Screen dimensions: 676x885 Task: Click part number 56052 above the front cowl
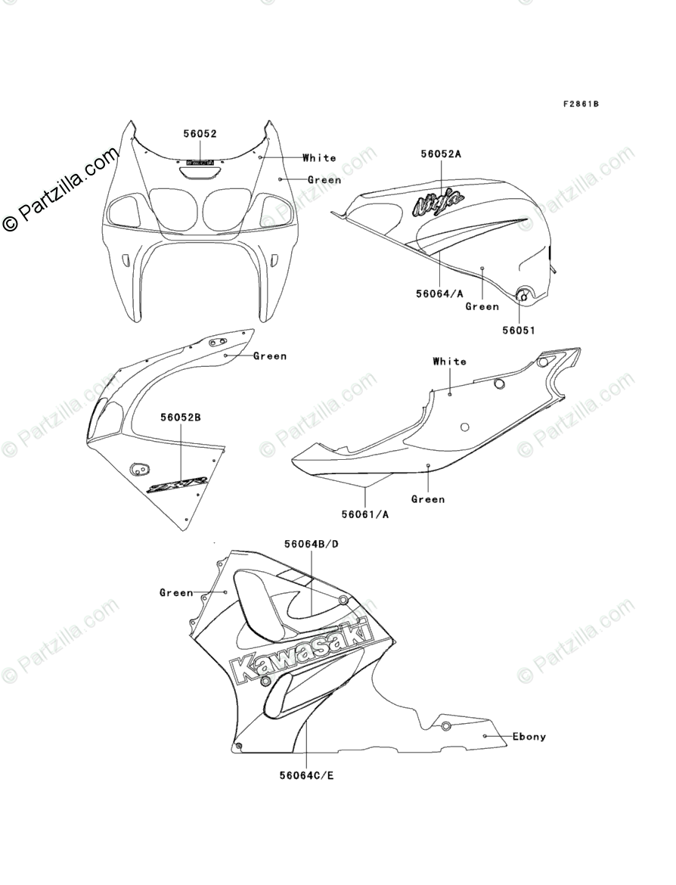(200, 134)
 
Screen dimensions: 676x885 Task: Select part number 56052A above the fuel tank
(441, 154)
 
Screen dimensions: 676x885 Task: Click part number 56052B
(180, 417)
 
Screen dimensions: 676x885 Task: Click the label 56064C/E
(305, 775)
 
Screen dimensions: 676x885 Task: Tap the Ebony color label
(529, 736)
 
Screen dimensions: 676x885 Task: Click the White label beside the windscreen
(319, 158)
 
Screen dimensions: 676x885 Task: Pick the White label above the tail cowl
(449, 362)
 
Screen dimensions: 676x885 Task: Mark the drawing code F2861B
(580, 104)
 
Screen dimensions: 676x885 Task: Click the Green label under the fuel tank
(482, 306)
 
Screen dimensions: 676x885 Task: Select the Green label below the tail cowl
(428, 499)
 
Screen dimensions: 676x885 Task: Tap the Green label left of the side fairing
(176, 593)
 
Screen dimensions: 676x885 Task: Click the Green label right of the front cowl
(324, 180)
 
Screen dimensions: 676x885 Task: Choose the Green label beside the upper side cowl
(270, 356)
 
